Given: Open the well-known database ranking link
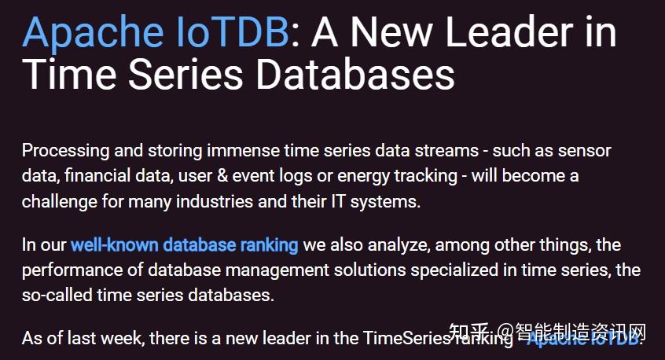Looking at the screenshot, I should point(184,245).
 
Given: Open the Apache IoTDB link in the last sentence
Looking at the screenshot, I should point(585,339).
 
